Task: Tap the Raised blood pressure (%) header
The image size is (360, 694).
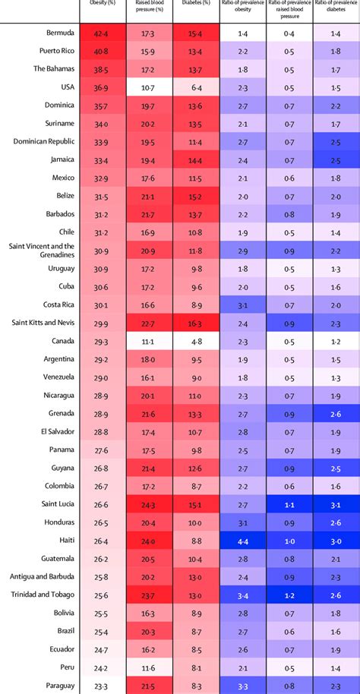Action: tap(147, 7)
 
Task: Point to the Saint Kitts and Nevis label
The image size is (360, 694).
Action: tap(41, 323)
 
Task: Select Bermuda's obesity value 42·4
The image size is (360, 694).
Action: tap(101, 33)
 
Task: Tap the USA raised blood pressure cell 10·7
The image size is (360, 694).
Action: tap(148, 87)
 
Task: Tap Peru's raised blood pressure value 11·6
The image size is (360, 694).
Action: tap(148, 667)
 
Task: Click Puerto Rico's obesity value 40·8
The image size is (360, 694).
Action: tap(101, 52)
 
